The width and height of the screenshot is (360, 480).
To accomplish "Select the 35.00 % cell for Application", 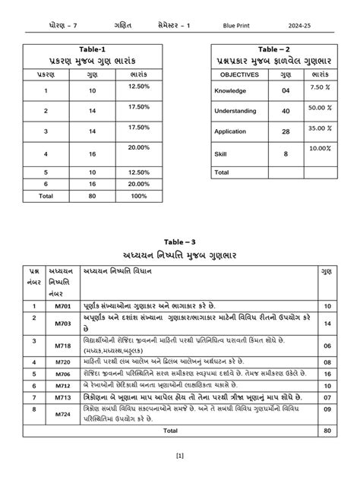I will click(x=319, y=129).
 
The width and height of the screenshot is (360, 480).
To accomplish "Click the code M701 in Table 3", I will click(x=62, y=306).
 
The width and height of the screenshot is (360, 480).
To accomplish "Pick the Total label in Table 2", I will click(x=222, y=172).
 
